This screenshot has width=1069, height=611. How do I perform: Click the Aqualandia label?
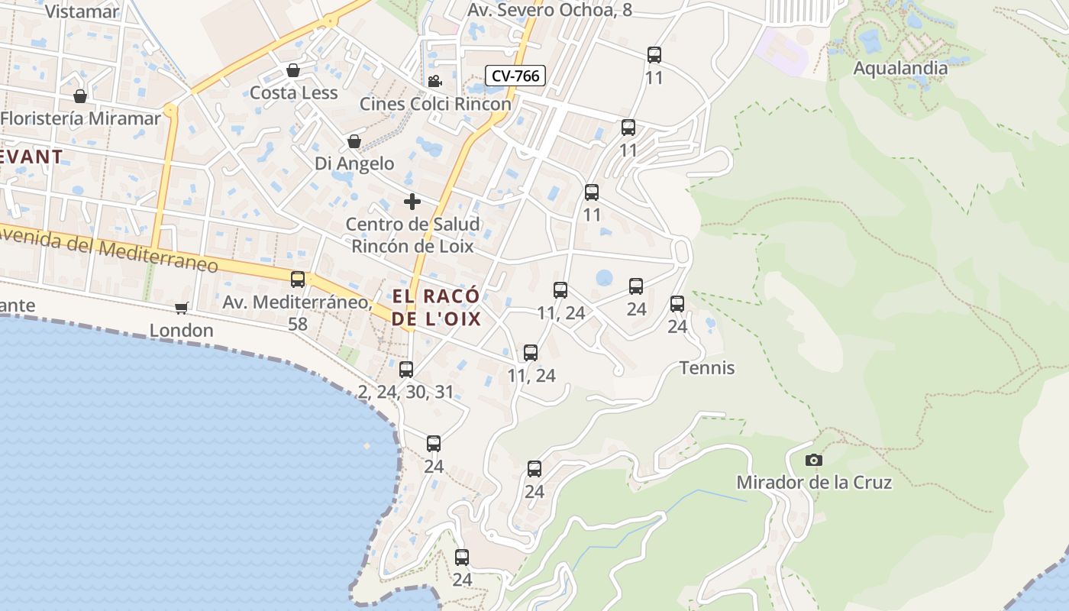coord(900,68)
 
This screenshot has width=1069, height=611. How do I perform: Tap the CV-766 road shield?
coord(515,76)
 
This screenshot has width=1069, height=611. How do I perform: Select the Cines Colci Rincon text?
coord(435,104)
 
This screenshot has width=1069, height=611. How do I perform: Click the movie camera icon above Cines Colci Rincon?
coord(434,81)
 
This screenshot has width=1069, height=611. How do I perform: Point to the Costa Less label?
coord(293,92)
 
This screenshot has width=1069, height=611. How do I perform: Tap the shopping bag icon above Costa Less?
coord(292,71)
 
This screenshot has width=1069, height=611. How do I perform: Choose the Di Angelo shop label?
coord(354,163)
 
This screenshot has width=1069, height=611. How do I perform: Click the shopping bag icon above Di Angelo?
coord(354,141)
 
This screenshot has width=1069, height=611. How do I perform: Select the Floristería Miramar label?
coord(81,118)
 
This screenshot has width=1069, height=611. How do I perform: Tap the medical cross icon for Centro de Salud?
coord(412,202)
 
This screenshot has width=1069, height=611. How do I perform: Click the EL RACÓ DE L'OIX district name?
coord(437,307)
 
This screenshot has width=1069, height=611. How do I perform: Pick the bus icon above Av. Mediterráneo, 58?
coord(298,280)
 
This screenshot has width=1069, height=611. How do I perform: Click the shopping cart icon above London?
coord(181,308)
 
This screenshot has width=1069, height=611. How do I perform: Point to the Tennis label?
coord(707,367)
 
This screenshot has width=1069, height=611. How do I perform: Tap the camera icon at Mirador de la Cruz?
coord(814,460)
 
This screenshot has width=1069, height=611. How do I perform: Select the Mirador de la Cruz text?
coord(814,483)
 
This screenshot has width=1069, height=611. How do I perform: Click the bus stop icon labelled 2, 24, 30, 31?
coord(406,370)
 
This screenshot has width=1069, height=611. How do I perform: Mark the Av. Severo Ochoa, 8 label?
coord(550,10)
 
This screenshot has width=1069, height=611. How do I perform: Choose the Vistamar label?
coord(82,11)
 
